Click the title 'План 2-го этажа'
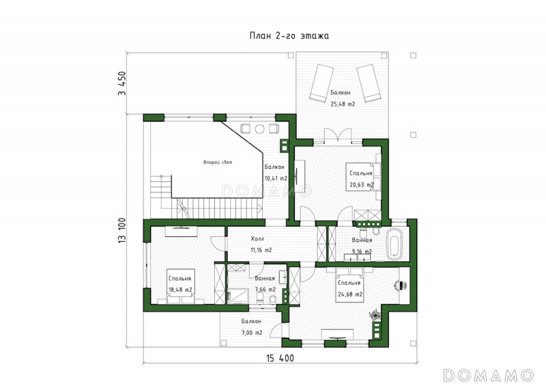pyautogui.click(x=289, y=36)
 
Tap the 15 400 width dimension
pyautogui.click(x=280, y=358)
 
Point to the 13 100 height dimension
pyautogui.click(x=122, y=230)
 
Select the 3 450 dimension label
pyautogui.click(x=122, y=83)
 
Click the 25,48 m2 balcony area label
pyautogui.click(x=343, y=104)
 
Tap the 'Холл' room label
pyautogui.click(x=257, y=239)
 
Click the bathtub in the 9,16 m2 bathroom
pyautogui.click(x=394, y=244)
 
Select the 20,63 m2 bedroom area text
pyautogui.click(x=362, y=185)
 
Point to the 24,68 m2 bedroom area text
pyautogui.click(x=350, y=294)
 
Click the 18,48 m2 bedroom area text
pyautogui.click(x=180, y=290)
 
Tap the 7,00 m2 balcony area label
pyautogui.click(x=252, y=333)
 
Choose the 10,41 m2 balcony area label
pyautogui.click(x=276, y=178)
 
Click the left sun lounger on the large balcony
pyautogui.click(x=321, y=83)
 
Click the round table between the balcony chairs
pyautogui.click(x=259, y=129)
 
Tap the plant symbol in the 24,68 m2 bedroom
pyautogui.click(x=375, y=315)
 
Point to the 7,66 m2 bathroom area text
pyautogui.click(x=265, y=290)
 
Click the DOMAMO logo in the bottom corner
pyautogui.click(x=488, y=375)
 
